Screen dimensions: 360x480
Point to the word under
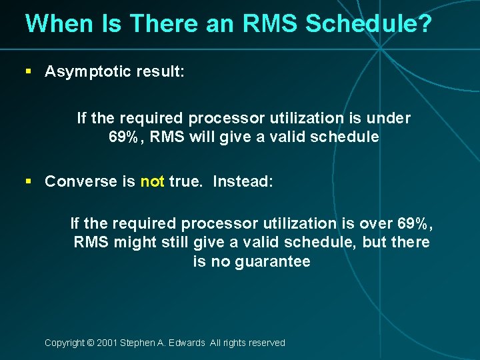point(389,118)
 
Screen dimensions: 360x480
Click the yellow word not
point(152,181)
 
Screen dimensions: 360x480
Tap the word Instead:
point(243,181)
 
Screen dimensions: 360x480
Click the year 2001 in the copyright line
point(107,343)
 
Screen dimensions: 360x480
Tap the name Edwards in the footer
point(187,343)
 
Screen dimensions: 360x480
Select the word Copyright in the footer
point(65,343)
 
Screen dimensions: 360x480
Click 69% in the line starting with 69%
point(124,137)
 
